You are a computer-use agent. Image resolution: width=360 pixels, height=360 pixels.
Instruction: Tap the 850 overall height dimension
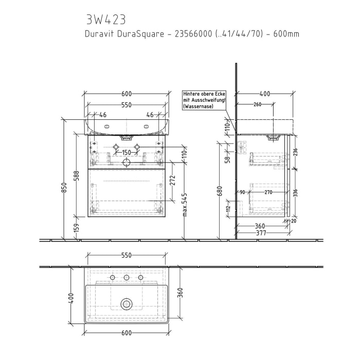64,188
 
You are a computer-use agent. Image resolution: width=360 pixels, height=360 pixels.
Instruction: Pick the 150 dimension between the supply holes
126,153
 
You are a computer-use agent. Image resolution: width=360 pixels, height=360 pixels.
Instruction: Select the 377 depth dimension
262,233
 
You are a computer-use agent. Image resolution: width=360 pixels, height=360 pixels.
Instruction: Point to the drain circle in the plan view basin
126,303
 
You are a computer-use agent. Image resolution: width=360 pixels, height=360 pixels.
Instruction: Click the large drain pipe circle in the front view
126,163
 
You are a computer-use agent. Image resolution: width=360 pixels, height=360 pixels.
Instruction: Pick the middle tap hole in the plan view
126,278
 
